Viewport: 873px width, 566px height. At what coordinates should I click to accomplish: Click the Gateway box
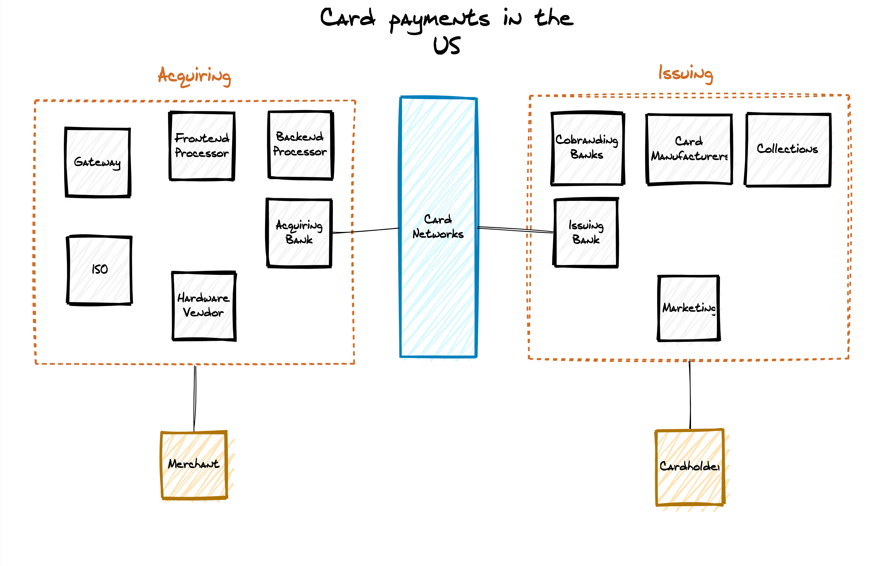[x=98, y=162]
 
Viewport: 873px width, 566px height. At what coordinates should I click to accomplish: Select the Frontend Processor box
[x=202, y=146]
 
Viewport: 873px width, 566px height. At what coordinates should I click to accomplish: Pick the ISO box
[x=100, y=270]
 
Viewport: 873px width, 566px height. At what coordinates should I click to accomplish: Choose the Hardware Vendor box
[x=204, y=306]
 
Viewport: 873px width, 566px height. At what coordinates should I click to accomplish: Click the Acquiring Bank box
[x=299, y=233]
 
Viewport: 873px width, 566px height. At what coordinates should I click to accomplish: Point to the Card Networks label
[x=438, y=226]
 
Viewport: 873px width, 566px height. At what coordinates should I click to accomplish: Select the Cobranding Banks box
[x=587, y=148]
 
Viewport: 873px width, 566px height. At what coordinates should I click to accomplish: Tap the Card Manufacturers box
[x=689, y=149]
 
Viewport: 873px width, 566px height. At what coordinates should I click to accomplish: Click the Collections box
[x=787, y=149]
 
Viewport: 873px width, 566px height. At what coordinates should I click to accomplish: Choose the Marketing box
[x=689, y=308]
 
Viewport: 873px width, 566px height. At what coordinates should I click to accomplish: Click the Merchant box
[x=194, y=464]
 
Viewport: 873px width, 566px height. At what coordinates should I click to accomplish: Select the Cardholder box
[x=690, y=467]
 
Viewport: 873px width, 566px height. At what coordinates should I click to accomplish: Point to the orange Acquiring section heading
[x=194, y=76]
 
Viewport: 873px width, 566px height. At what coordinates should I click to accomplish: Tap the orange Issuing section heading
[x=686, y=73]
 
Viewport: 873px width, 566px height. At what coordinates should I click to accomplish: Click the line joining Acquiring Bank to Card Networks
[x=366, y=230]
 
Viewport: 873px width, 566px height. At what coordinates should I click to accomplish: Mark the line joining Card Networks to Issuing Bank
[x=515, y=229]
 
